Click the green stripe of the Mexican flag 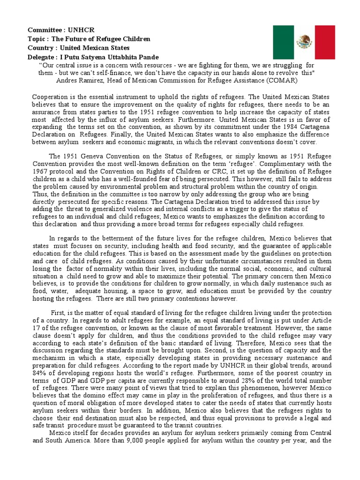(x=284, y=42)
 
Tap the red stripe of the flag (x=325, y=42)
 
